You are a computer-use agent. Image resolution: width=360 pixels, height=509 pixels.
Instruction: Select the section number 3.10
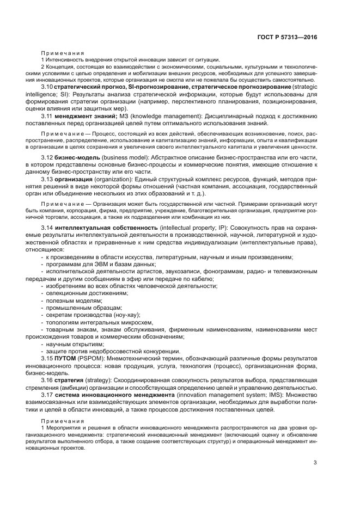pos(47,87)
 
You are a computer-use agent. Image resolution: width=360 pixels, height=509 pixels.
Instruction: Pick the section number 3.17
pos(47,394)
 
